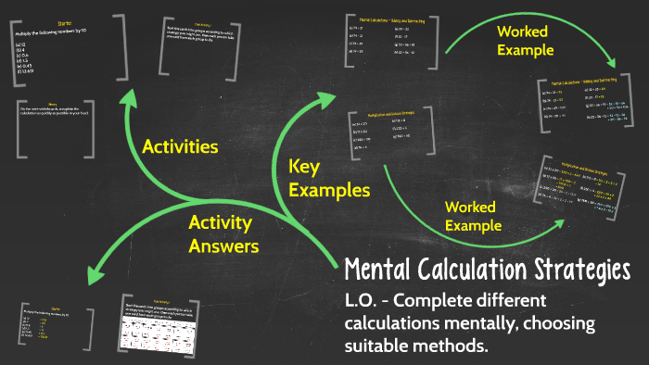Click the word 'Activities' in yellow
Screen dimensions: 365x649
180,146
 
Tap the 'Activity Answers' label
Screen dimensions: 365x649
223,233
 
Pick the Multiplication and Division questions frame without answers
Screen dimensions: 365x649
386,135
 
